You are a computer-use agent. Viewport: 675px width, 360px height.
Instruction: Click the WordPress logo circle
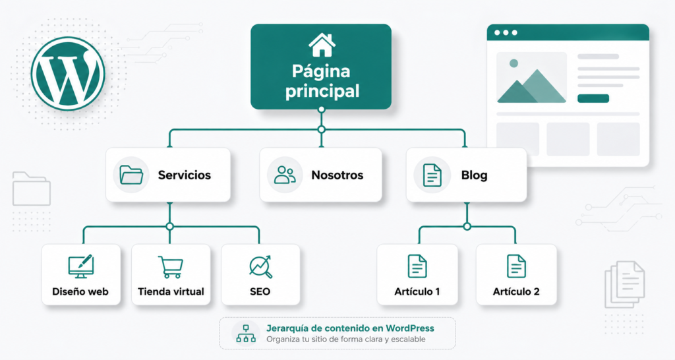point(68,73)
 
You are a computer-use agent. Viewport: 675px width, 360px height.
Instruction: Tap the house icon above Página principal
point(321,45)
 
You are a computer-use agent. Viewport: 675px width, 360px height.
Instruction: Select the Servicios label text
point(184,175)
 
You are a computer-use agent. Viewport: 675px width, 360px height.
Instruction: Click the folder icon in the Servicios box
point(131,175)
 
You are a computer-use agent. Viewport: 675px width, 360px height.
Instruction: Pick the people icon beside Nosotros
point(285,175)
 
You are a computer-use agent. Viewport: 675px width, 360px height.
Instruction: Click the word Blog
point(474,175)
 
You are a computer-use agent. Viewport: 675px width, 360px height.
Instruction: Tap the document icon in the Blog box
point(432,175)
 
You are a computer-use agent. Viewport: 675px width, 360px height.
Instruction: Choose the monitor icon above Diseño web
point(80,266)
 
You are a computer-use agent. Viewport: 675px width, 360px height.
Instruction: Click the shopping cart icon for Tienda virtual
point(171,266)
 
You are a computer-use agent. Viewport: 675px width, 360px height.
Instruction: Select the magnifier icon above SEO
point(260,266)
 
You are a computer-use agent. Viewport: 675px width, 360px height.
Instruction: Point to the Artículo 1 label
point(417,291)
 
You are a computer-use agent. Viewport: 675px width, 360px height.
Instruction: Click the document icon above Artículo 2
point(516,266)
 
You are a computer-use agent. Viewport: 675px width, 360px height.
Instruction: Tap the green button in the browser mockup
point(593,98)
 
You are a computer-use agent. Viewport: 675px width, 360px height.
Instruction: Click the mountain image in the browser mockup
point(531,78)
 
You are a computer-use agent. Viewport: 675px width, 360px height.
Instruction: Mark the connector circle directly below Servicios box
point(169,226)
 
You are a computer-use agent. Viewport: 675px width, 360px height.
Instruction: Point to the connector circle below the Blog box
point(467,226)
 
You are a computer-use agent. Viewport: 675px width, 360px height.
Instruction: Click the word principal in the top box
point(322,91)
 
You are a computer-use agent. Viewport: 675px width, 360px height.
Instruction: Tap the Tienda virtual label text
point(171,291)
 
